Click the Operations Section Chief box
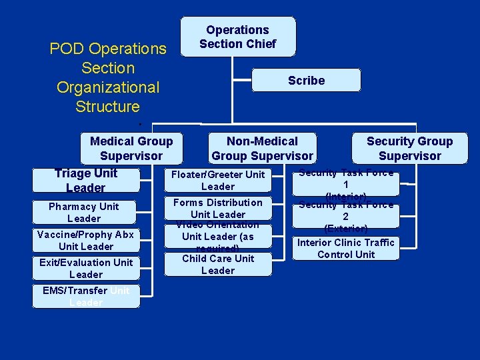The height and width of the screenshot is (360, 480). coord(237,37)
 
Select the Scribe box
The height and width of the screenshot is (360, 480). coord(306,81)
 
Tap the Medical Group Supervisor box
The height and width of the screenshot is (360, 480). coord(131,148)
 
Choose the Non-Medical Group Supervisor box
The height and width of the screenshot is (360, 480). coord(262,148)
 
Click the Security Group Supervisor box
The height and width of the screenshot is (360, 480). coord(409,148)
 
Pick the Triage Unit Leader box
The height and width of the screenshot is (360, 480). coord(86,180)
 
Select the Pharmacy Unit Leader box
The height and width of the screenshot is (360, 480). coord(84,212)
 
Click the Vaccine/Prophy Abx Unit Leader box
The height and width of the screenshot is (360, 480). coord(86,240)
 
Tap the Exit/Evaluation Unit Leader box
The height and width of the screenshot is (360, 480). coord(86,268)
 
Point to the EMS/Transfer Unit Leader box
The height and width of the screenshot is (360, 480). coord(86,296)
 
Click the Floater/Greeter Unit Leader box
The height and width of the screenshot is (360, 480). coord(218,180)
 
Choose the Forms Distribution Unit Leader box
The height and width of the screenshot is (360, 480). coord(218,208)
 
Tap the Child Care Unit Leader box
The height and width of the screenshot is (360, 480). coord(218,264)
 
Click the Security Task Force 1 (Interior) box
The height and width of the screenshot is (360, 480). coord(345,184)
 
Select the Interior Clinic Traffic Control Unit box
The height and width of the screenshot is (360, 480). coord(345,248)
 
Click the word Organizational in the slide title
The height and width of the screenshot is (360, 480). coord(108,87)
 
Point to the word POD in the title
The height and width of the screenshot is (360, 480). coord(67,49)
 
